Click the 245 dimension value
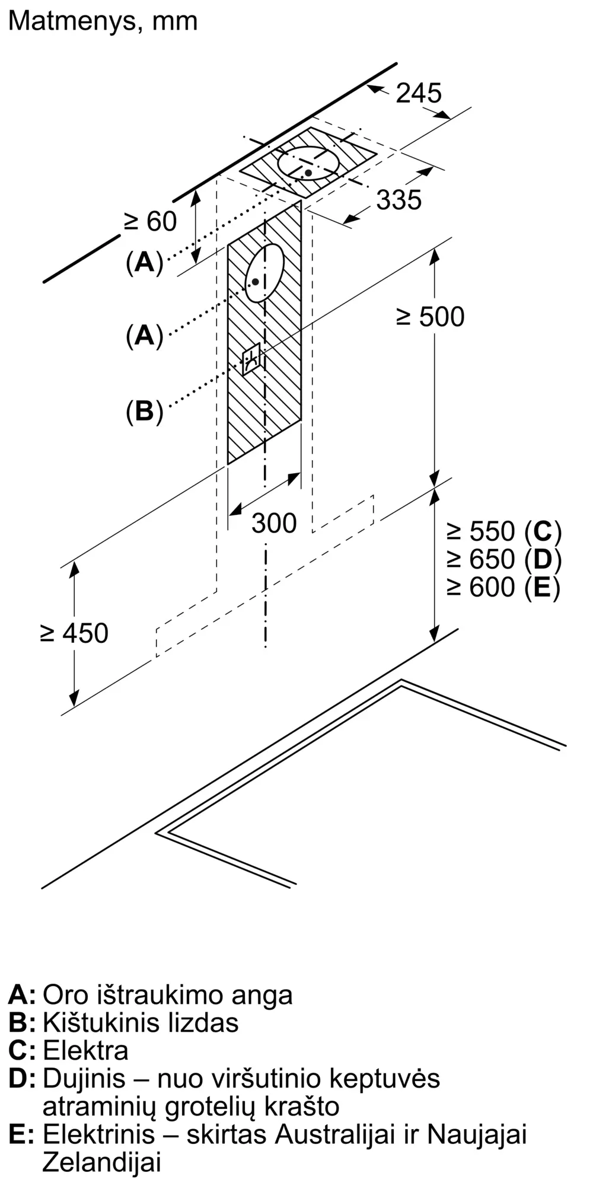tap(419, 93)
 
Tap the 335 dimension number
tap(398, 200)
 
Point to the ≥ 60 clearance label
tap(151, 222)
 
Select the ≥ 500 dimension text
tap(431, 317)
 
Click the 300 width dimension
tap(274, 523)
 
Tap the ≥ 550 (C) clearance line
tap(504, 531)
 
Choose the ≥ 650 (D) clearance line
tap(504, 559)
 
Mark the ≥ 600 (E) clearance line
tap(503, 587)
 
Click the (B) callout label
tap(144, 411)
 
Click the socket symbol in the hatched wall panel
tap(251, 359)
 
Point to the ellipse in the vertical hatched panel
tap(264, 273)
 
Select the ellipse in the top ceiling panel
tap(309, 162)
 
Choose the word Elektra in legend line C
tap(85, 1051)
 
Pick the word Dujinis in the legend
tap(84, 1079)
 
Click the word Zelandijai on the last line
tap(102, 1163)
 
